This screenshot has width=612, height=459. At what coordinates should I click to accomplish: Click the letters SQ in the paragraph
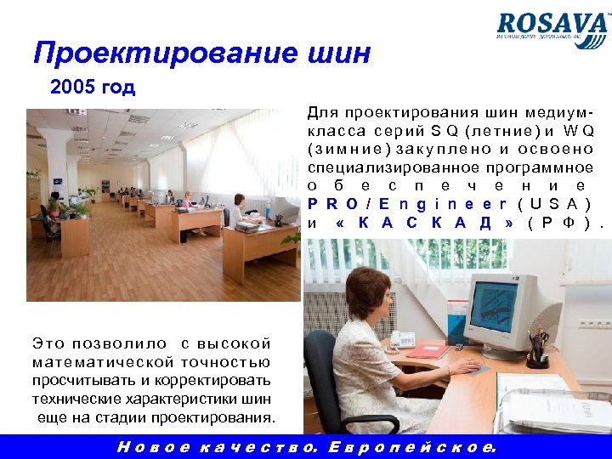445,130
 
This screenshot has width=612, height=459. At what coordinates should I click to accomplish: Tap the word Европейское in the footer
410,447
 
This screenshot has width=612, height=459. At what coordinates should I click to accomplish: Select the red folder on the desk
428,348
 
